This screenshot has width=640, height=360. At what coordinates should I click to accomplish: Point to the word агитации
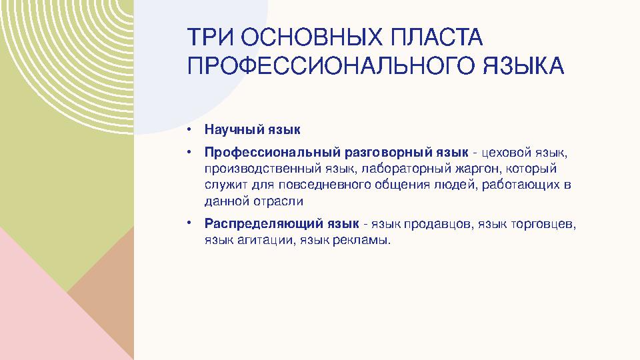tap(266, 239)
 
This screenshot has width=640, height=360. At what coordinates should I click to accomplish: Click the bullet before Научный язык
tap(190, 129)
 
